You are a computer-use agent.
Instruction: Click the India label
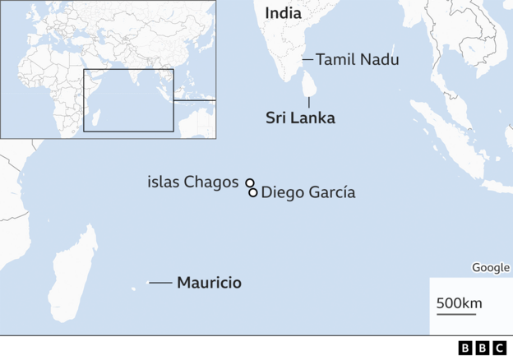283,13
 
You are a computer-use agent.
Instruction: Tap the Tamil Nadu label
357,59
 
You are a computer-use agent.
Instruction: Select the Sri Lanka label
300,118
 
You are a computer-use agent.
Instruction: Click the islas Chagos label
192,182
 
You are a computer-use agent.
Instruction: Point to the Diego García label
307,193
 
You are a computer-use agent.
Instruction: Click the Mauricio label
209,283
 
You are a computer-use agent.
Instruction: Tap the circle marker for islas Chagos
249,183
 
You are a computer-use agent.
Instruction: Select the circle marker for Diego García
253,193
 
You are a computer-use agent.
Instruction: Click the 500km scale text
459,303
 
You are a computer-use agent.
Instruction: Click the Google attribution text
490,267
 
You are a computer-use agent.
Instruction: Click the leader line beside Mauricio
159,283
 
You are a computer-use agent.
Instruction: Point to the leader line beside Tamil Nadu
307,59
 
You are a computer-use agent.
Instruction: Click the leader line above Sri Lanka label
308,102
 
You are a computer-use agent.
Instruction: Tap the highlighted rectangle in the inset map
128,100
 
